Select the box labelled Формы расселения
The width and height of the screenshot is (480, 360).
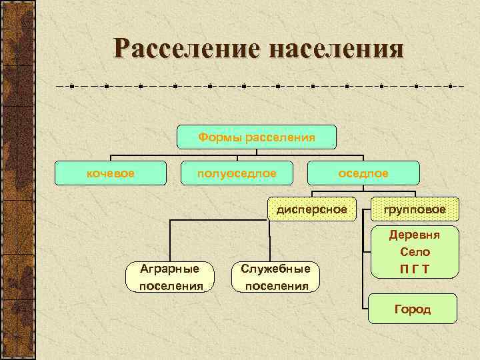point(257,137)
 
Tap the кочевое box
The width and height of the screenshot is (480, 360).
point(111,173)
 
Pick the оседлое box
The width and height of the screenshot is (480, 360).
point(363,173)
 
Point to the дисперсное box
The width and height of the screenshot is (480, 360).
point(312,209)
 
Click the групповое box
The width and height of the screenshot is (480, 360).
point(415,209)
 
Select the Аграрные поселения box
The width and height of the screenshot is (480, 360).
point(171,277)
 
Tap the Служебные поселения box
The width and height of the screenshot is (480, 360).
point(276,277)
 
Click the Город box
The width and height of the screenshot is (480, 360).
point(413,309)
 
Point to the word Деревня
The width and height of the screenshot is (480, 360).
point(415,235)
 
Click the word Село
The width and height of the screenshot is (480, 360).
point(415,252)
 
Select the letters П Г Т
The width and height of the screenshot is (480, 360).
point(415,269)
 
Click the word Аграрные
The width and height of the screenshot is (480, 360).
point(171,269)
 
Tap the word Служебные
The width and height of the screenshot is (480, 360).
point(276,269)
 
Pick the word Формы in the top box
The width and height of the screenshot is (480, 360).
point(221,137)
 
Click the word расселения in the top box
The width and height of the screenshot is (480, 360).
point(280,137)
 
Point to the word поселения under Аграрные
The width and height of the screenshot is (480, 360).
point(171,286)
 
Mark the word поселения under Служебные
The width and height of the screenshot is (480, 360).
point(276,286)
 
